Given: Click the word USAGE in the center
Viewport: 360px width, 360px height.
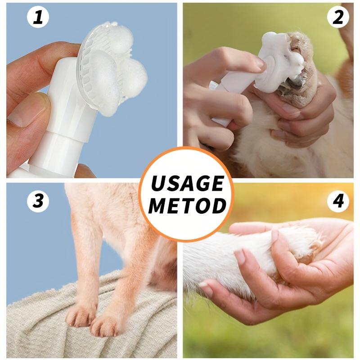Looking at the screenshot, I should pyautogui.click(x=187, y=184).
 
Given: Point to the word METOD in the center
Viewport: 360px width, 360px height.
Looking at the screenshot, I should pyautogui.click(x=187, y=205).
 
